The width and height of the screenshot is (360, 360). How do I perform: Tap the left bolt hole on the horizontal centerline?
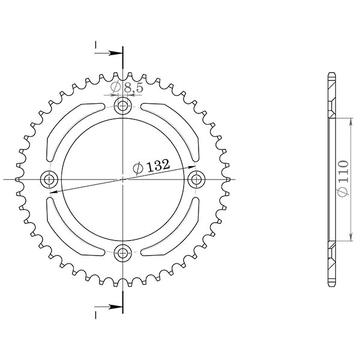(x=50, y=179)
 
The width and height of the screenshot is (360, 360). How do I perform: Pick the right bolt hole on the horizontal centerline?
(x=196, y=179)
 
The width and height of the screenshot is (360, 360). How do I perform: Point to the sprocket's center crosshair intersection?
(x=123, y=179)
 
